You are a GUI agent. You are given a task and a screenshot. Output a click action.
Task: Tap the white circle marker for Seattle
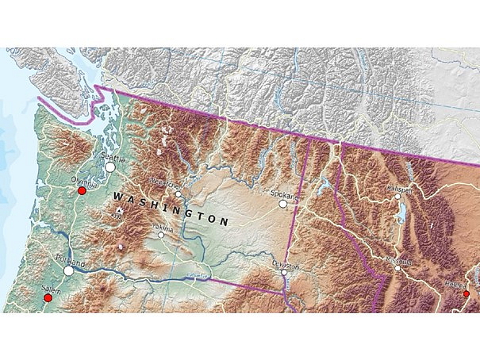pyautogui.click(x=110, y=167)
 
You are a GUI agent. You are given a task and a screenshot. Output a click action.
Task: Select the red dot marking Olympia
pyautogui.click(x=81, y=190)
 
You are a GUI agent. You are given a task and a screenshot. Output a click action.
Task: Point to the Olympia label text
pyautogui.click(x=82, y=181)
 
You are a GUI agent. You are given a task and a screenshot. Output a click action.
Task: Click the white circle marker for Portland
pyautogui.click(x=69, y=270)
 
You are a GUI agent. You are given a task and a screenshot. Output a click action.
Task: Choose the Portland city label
pyautogui.click(x=70, y=260)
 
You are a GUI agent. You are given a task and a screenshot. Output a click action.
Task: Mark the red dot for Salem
pyautogui.click(x=48, y=298)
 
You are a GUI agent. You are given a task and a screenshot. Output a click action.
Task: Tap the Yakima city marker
pyautogui.click(x=161, y=235)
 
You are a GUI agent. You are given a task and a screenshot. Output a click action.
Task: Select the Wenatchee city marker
pyautogui.click(x=179, y=193)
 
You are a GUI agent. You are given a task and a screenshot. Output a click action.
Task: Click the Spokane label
pyautogui.click(x=283, y=193)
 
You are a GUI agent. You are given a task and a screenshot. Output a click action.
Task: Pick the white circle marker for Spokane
pyautogui.click(x=283, y=204)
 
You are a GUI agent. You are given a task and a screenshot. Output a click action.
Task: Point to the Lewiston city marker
pyautogui.click(x=284, y=273)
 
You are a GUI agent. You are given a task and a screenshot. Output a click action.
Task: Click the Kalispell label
pyautogui.click(x=401, y=190)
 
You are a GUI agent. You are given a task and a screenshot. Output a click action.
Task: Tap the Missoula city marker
pyautogui.click(x=397, y=268)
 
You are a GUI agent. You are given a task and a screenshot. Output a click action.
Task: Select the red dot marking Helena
pyautogui.click(x=467, y=293)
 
